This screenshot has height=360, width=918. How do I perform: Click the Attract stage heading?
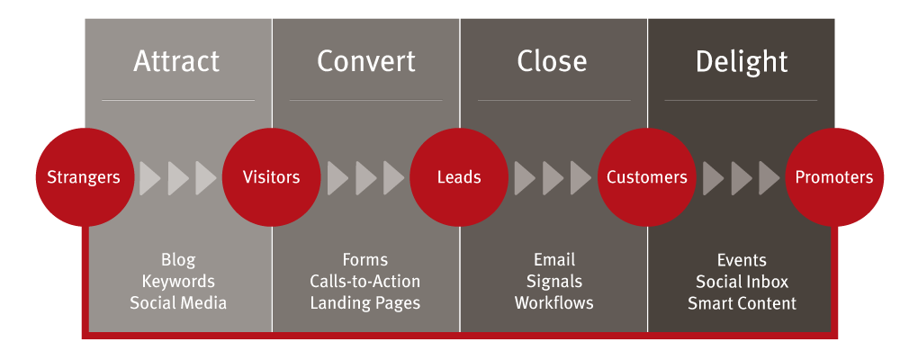tap(176, 61)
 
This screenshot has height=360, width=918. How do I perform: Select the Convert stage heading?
tap(366, 61)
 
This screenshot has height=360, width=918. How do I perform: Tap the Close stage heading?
tap(552, 61)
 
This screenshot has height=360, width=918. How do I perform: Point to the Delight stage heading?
tap(742, 62)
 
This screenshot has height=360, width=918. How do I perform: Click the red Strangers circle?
tap(84, 177)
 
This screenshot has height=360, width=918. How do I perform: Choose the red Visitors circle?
tap(271, 177)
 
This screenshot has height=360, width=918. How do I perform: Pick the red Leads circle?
tap(459, 177)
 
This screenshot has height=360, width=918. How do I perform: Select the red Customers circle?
tap(647, 177)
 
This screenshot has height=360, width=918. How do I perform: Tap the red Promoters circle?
tap(834, 177)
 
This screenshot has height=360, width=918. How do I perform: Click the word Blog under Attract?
tap(178, 260)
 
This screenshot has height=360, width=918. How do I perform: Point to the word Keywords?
tap(178, 282)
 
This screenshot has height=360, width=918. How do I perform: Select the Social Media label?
tap(178, 302)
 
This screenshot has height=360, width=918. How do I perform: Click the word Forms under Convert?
tap(365, 259)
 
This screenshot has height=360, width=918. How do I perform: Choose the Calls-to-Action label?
tap(365, 281)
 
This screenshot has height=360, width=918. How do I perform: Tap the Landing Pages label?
tap(365, 303)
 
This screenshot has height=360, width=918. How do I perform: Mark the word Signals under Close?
tap(553, 282)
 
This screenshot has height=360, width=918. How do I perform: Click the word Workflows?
tap(553, 302)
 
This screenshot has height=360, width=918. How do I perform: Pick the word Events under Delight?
tap(742, 260)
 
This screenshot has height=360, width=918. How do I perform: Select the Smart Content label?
tap(742, 303)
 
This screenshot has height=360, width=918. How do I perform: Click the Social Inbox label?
tap(742, 282)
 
